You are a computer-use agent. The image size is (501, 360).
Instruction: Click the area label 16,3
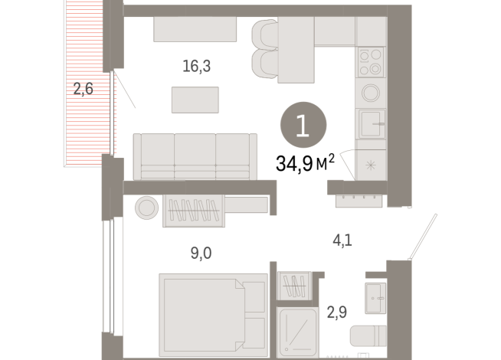point(196,67)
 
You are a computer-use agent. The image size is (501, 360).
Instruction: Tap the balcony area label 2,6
point(83,89)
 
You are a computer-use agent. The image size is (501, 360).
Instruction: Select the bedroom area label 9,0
point(201,254)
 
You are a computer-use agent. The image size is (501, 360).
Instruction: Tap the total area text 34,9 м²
point(304,162)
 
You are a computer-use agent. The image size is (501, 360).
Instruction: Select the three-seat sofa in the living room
point(195,155)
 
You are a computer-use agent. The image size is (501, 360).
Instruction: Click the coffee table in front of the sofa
point(195,100)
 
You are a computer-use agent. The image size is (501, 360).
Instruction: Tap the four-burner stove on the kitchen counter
point(371,61)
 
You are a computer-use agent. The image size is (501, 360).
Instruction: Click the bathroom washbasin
point(375,296)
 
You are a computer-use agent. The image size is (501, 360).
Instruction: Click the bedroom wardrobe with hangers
point(195,209)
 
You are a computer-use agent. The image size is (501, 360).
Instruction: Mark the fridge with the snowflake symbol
point(372,165)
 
